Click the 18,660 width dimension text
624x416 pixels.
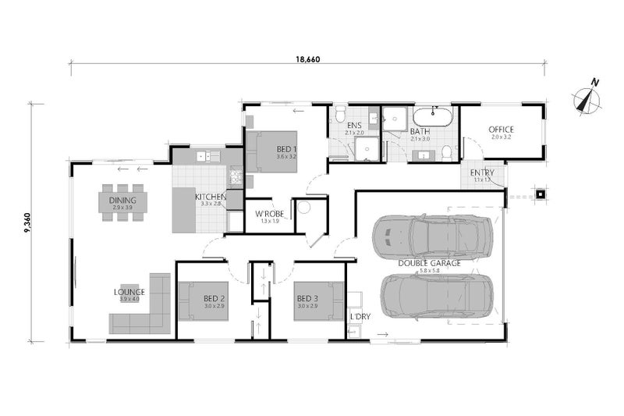(x=308, y=59)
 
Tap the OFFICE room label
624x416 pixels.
(x=501, y=130)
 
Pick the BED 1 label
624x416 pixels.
(x=287, y=149)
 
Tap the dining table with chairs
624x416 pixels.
(x=122, y=202)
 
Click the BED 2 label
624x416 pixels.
(x=214, y=298)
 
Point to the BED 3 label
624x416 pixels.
(x=307, y=298)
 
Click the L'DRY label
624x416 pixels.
(x=360, y=318)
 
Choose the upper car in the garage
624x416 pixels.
(x=432, y=236)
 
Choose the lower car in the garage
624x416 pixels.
(x=438, y=297)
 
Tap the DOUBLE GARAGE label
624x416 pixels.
(x=430, y=263)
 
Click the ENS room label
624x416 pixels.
(x=355, y=125)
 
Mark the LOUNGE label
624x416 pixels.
(x=128, y=292)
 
